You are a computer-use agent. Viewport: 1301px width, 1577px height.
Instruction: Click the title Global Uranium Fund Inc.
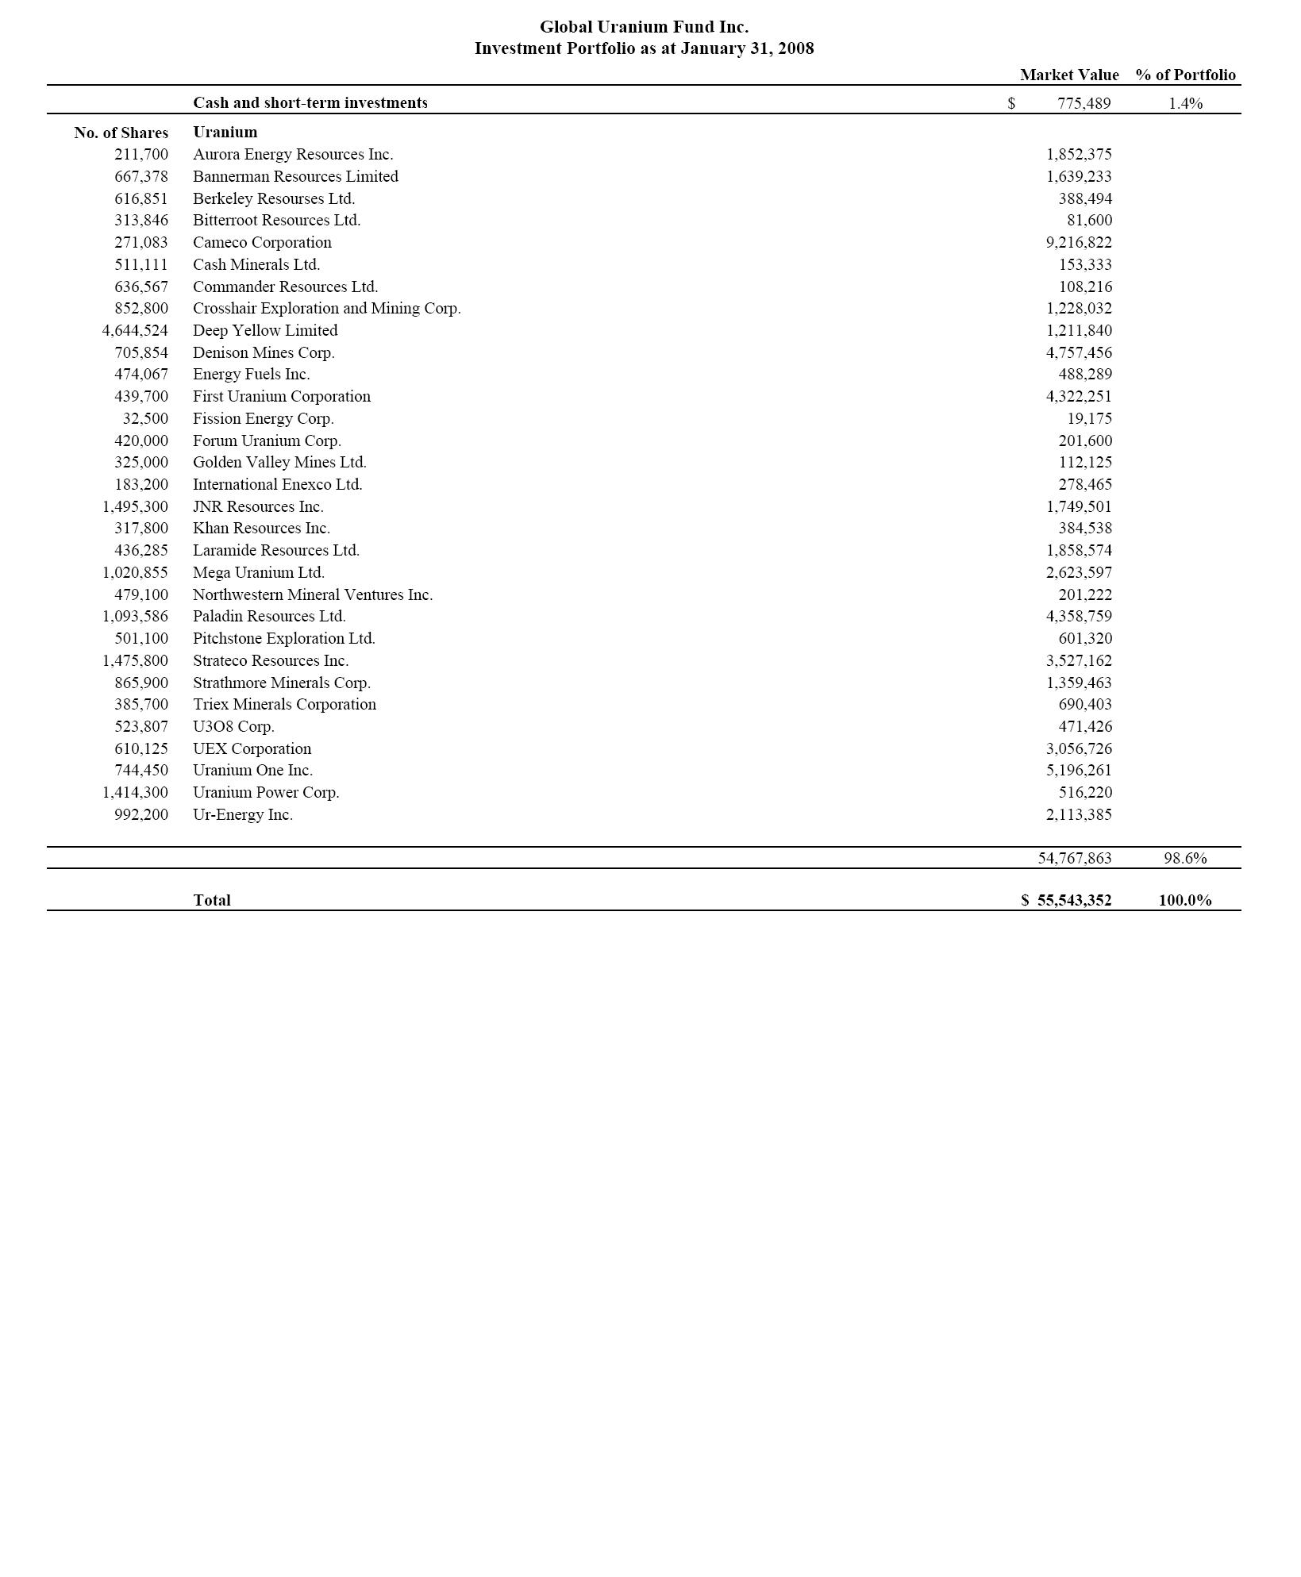(x=644, y=27)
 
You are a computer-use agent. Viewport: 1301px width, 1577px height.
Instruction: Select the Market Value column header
(x=1068, y=75)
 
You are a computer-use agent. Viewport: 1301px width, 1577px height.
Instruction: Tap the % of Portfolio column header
(x=1185, y=75)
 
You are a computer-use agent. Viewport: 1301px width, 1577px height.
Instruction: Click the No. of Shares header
(x=121, y=133)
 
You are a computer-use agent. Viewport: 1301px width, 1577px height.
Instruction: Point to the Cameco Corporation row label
(x=262, y=243)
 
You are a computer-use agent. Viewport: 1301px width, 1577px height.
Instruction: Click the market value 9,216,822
(x=1079, y=243)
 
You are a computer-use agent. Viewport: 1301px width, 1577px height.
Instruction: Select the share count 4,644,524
(x=135, y=331)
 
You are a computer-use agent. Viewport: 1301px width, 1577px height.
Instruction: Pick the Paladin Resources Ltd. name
(x=269, y=617)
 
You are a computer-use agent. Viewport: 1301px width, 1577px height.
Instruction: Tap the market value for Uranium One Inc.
(x=1079, y=771)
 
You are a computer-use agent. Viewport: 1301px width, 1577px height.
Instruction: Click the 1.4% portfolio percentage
(x=1185, y=104)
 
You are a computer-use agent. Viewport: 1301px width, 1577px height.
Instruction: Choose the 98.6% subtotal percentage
(x=1185, y=859)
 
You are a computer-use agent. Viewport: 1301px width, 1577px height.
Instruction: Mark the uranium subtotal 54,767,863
(x=1075, y=859)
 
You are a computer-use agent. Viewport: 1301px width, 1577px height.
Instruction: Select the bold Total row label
(x=212, y=901)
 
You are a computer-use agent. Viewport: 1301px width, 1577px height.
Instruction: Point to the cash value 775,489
(x=1084, y=104)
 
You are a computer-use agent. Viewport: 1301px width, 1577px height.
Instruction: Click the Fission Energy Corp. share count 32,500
(x=145, y=419)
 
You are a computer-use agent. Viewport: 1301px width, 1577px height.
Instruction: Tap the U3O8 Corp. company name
(x=233, y=727)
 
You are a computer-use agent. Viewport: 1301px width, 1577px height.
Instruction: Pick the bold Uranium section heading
(x=225, y=133)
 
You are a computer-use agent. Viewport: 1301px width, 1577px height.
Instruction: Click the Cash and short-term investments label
(x=310, y=103)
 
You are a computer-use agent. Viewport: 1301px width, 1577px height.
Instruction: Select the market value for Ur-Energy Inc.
(x=1079, y=815)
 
